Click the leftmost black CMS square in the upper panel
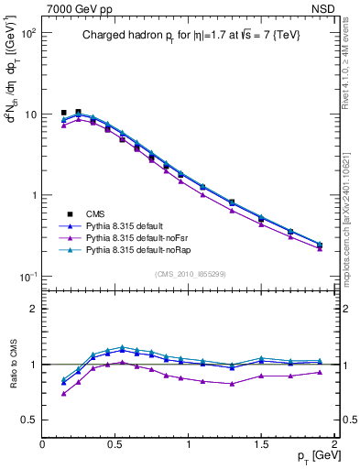63,113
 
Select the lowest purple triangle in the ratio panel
63,394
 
